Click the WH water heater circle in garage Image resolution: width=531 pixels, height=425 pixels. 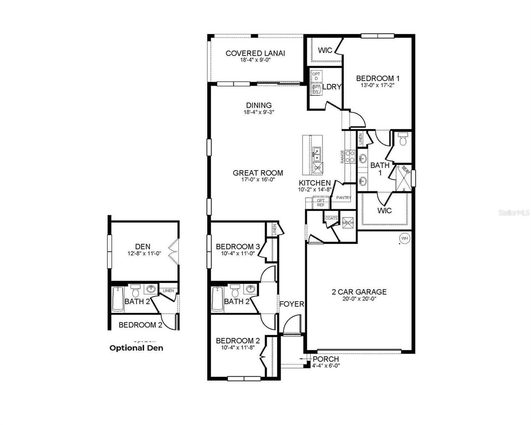coord(405,238)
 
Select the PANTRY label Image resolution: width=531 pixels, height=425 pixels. coord(344,198)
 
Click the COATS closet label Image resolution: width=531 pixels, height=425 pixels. coord(331,219)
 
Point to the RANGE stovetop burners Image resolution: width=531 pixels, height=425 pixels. coord(350,157)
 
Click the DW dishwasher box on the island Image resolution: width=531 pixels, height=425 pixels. coord(318,168)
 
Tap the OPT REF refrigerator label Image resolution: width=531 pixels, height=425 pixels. coord(321,203)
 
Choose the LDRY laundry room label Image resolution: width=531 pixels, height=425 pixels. coord(332,86)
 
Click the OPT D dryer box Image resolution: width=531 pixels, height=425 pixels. coord(316,76)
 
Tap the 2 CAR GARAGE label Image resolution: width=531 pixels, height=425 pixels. coord(359,292)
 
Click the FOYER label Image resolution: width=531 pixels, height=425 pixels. coord(292,304)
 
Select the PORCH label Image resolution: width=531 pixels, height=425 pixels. coord(325,359)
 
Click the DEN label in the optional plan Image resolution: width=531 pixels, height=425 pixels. coord(143,246)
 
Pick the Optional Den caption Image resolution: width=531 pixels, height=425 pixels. coord(136,348)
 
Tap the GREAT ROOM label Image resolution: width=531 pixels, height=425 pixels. coord(258,173)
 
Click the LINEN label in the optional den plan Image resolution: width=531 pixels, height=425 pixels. coord(168,291)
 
